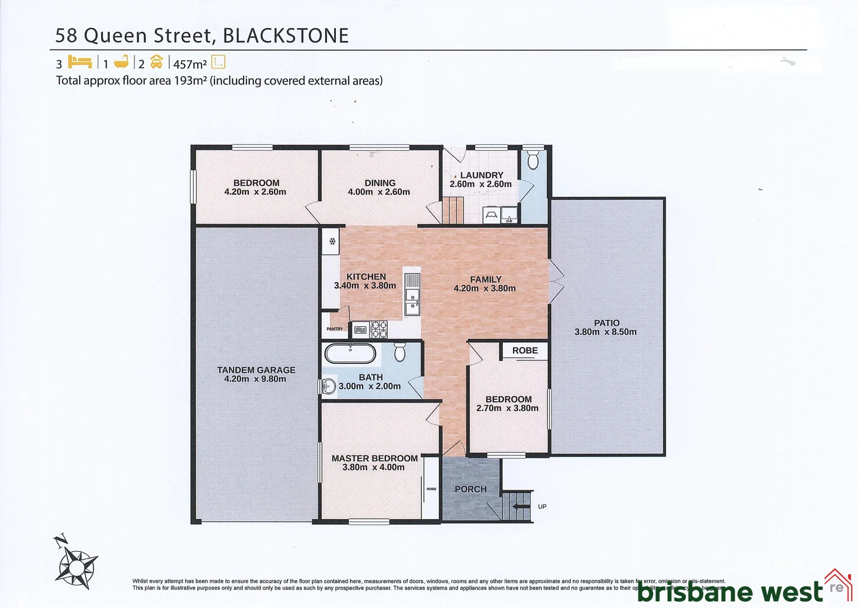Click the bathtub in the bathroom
point(350,354)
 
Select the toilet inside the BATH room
point(399,352)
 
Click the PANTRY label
point(335,329)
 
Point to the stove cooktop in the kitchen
point(379,329)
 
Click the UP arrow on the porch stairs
point(521,506)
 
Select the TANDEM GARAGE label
point(256,370)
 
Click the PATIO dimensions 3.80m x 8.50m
point(605,332)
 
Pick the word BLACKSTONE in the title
point(286,35)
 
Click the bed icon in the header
point(80,61)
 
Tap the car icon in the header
point(156,62)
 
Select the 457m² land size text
point(190,64)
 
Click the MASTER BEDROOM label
point(374,458)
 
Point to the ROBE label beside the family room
point(525,350)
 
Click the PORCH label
point(470,489)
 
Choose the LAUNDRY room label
point(482,175)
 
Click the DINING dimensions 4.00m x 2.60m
point(379,192)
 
